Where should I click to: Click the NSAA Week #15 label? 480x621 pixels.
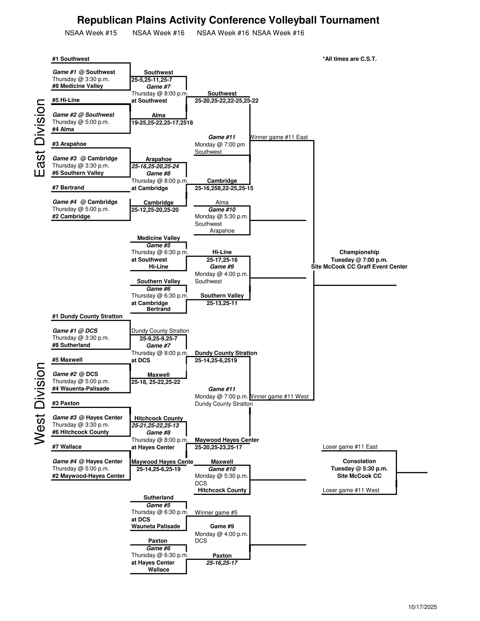point(91,33)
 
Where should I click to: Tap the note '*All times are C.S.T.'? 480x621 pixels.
point(350,59)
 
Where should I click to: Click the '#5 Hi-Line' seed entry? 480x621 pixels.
point(66,100)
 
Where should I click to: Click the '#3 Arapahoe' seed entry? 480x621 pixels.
point(69,144)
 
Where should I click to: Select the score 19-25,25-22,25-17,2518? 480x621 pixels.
point(162,123)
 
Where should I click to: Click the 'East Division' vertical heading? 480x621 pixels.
point(40,138)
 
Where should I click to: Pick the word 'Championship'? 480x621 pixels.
point(359,252)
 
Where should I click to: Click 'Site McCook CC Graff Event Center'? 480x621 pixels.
point(359,267)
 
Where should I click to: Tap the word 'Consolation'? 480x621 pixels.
point(359,461)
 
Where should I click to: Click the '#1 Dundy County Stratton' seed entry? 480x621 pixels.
point(87,317)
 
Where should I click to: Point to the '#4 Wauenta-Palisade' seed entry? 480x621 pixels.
point(81,389)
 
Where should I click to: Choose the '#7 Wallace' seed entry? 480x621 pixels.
point(67,447)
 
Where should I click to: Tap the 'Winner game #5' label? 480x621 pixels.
point(216,513)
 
